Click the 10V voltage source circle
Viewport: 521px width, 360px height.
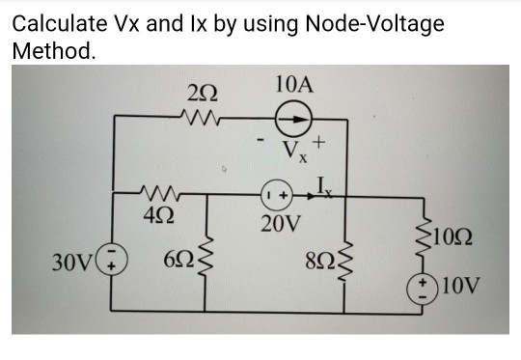(420, 287)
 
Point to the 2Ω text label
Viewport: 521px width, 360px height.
(203, 95)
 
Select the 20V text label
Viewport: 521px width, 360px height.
(281, 225)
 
